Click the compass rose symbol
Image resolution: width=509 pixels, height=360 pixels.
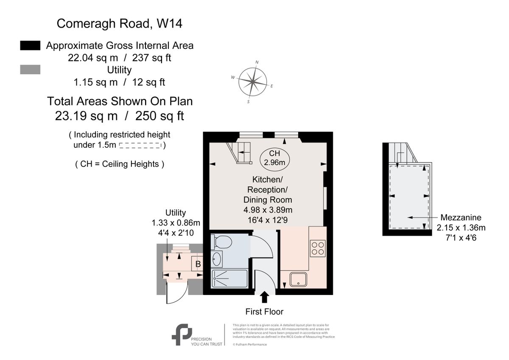click(253, 82)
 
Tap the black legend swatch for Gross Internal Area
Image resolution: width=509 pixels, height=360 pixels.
click(30, 45)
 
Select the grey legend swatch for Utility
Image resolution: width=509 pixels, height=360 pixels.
click(30, 70)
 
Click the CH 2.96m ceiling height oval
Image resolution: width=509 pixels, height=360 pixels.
click(274, 157)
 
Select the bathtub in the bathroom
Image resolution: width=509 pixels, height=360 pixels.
click(229, 279)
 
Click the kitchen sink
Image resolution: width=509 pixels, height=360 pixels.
click(299, 279)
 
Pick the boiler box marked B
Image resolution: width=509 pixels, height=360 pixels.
click(197, 264)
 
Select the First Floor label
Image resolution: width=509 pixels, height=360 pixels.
click(264, 312)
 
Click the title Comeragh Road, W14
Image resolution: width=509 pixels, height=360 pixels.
click(120, 23)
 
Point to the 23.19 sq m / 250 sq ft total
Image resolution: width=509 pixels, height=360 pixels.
click(120, 116)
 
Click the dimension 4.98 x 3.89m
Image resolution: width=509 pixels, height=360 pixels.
click(268, 209)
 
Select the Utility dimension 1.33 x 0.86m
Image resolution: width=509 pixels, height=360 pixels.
click(176, 222)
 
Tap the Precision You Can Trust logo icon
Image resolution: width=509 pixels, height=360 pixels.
click(182, 335)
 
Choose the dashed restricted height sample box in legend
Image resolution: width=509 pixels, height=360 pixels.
click(140, 146)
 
